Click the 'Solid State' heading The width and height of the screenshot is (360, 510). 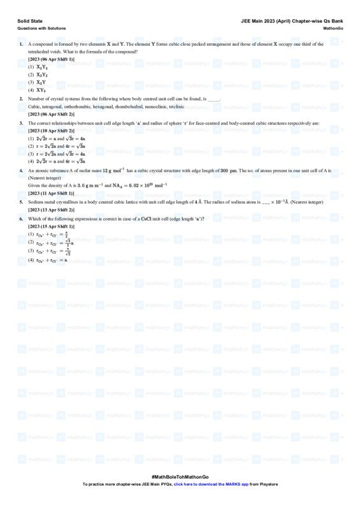coord(29,21)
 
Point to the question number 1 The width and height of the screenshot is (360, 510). coord(21,44)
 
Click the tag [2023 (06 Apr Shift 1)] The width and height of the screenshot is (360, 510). coord(51,59)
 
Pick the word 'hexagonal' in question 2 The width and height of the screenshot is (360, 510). coord(102,106)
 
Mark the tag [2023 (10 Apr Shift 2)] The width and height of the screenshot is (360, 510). coord(51,130)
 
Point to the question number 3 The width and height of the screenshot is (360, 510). coord(21,123)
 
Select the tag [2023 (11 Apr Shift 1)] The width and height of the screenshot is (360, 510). coord(51,193)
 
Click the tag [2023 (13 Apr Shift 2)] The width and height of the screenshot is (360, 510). coord(51,209)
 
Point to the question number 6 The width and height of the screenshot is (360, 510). coord(21,219)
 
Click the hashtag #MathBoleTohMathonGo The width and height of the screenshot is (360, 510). coord(180,477)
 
